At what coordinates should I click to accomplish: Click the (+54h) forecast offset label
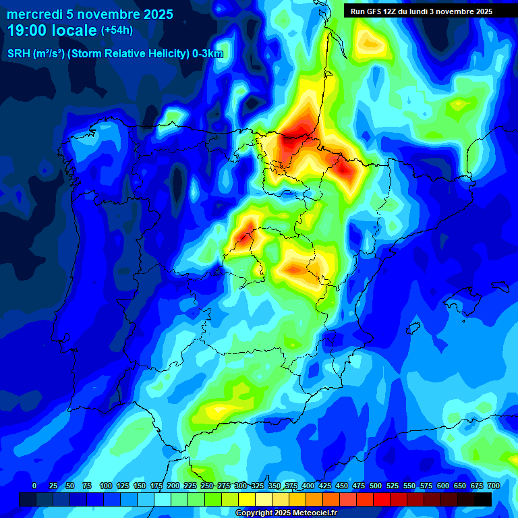(117, 30)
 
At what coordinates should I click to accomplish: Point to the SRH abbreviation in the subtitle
(18, 54)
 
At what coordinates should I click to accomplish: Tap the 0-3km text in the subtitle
(206, 54)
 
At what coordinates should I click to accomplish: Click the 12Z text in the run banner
(392, 11)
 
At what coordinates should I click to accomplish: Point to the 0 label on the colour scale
(34, 486)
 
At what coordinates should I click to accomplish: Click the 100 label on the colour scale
(106, 486)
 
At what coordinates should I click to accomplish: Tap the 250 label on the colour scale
(207, 486)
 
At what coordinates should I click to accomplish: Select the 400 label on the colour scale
(308, 486)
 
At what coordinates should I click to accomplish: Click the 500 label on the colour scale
(376, 486)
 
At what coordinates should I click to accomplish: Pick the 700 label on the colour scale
(493, 486)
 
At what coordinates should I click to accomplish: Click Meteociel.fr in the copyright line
(313, 513)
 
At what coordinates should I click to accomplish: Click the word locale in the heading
(74, 30)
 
